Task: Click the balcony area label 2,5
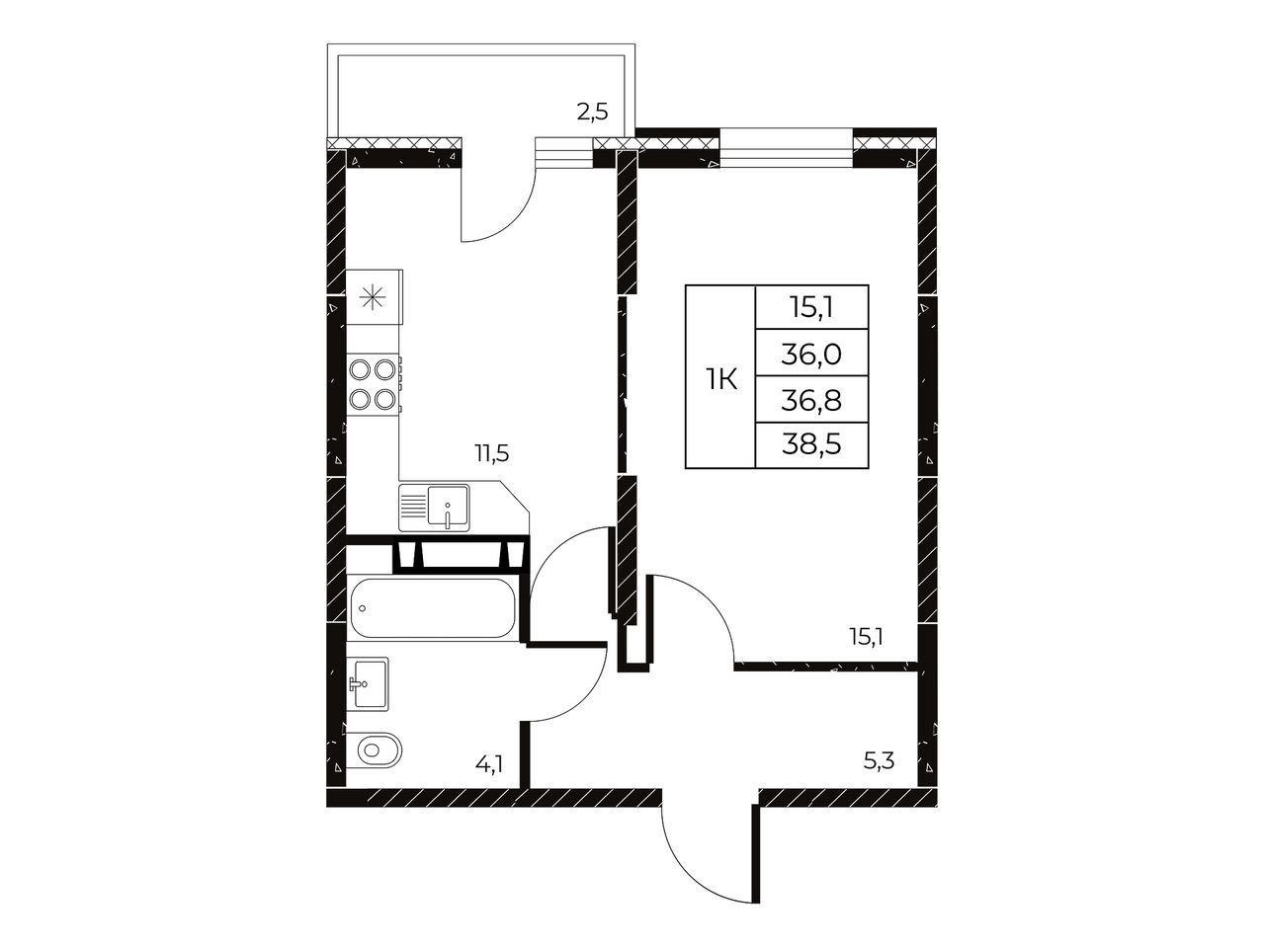tap(592, 111)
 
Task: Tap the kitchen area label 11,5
tap(491, 453)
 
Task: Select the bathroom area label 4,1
tap(489, 763)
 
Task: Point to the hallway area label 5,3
tap(879, 761)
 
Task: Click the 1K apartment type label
tap(721, 380)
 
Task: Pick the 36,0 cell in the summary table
tap(811, 354)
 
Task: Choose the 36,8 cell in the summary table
tap(811, 400)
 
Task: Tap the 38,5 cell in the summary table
tap(811, 445)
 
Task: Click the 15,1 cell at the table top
tap(811, 308)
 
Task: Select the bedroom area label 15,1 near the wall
tap(867, 637)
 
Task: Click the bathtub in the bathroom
tap(432, 608)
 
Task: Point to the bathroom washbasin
tap(369, 683)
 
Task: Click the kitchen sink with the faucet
tap(434, 508)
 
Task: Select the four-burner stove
tap(374, 383)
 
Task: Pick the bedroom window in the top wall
tap(786, 148)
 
